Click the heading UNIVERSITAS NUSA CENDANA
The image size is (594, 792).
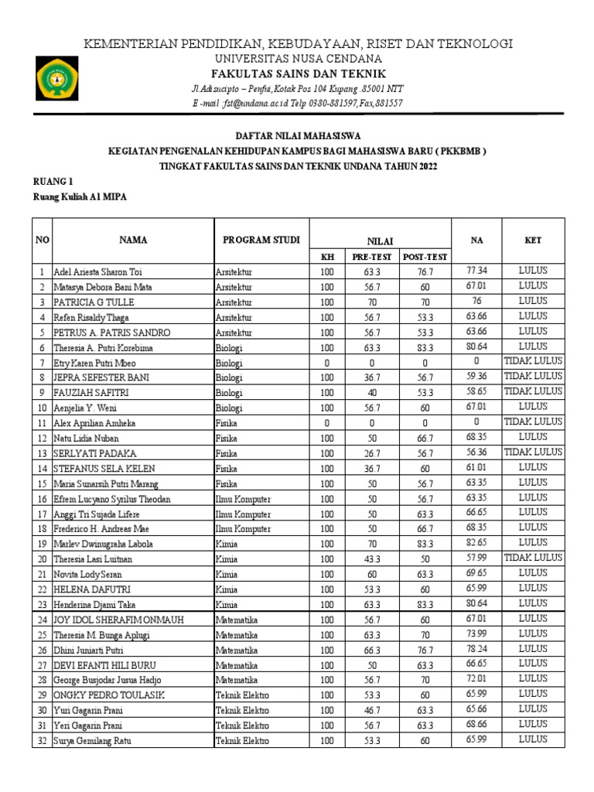click(297, 59)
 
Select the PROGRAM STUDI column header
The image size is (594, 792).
click(261, 240)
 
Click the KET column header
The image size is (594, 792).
click(533, 241)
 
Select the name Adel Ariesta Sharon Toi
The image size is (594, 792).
click(97, 272)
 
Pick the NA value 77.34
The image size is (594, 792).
click(476, 271)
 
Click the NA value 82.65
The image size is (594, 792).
click(476, 543)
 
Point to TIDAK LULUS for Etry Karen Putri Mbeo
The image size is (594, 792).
click(533, 361)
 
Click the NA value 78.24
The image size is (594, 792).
click(476, 649)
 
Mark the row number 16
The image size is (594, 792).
click(40, 499)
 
